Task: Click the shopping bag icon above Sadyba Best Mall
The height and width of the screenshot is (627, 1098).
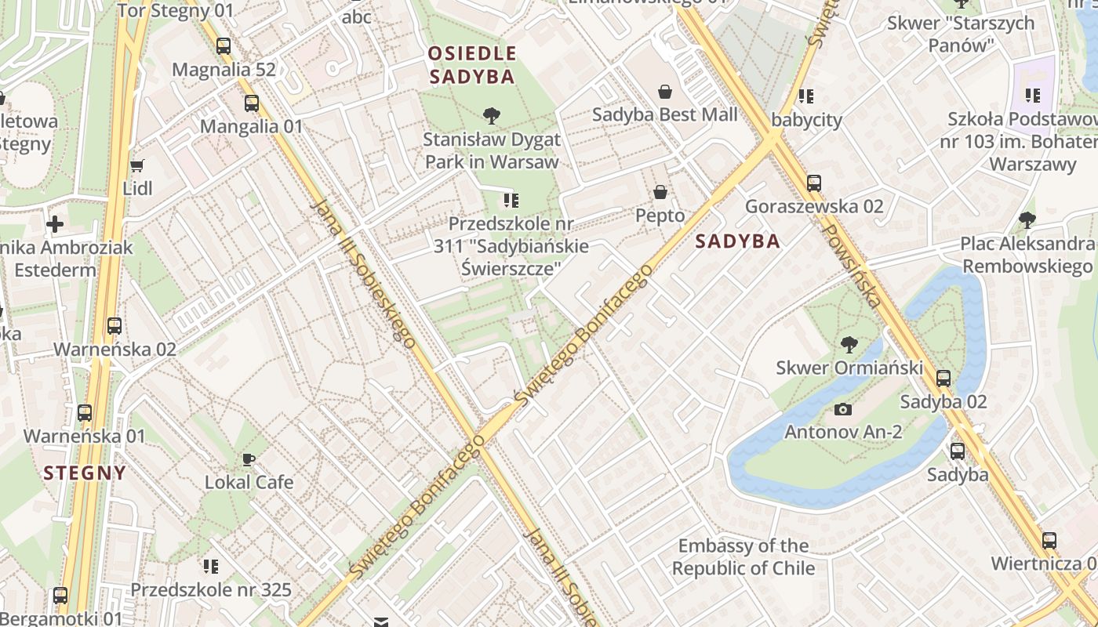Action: click(x=665, y=92)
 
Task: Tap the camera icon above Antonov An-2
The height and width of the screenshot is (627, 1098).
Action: click(x=843, y=409)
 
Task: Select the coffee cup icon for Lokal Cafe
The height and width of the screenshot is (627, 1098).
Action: click(x=249, y=459)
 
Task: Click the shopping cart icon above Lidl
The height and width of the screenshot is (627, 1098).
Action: click(x=137, y=165)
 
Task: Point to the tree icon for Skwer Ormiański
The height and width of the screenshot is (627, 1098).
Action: click(x=849, y=344)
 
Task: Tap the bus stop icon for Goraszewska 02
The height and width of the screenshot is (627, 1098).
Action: click(x=814, y=183)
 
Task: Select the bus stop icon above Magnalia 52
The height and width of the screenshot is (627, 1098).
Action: click(x=224, y=46)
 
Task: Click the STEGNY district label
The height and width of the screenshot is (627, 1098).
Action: click(x=85, y=473)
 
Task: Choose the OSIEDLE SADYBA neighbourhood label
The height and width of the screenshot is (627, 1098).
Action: click(x=472, y=65)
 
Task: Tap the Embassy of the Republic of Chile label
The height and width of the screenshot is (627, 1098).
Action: click(x=744, y=556)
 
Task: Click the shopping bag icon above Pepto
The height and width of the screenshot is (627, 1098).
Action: click(x=660, y=192)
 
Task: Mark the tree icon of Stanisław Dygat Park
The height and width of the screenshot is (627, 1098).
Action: click(x=492, y=117)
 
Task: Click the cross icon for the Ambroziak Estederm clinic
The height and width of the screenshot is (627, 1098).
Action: click(x=55, y=225)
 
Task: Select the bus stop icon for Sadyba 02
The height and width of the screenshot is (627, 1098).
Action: click(x=943, y=379)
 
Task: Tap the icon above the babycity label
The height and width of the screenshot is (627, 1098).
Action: click(x=805, y=96)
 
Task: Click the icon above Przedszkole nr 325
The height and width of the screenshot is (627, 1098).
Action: click(x=210, y=566)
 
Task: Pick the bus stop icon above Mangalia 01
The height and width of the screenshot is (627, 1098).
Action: click(x=252, y=103)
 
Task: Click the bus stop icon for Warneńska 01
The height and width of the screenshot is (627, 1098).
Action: click(x=85, y=413)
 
